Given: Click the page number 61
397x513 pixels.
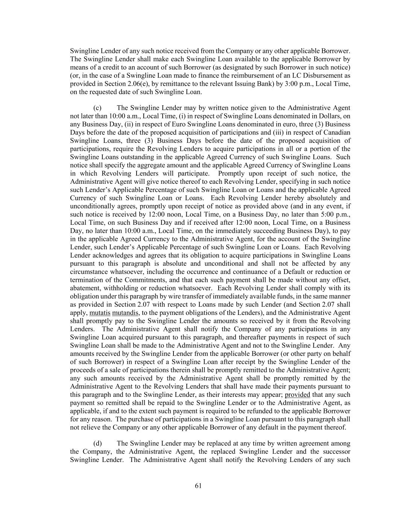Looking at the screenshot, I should pyautogui.click(x=198, y=486).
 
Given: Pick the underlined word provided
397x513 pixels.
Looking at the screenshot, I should pyautogui.click(x=297, y=395).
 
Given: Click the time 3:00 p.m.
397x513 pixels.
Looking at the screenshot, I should pyautogui.click(x=299, y=83).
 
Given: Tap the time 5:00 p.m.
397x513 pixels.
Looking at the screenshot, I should pyautogui.click(x=336, y=214).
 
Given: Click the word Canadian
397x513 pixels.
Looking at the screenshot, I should pyautogui.click(x=337, y=132).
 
